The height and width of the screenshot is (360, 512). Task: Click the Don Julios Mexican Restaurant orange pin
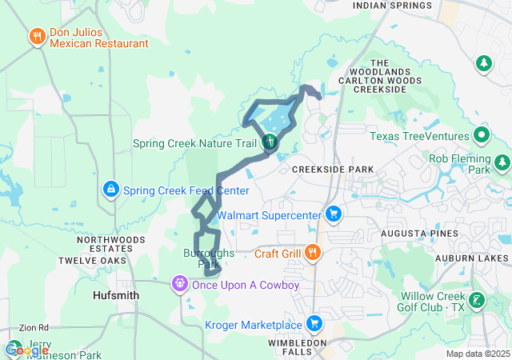(37, 37)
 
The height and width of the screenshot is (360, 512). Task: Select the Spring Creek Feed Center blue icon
(111, 190)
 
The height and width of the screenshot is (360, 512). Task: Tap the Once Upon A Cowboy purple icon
(181, 284)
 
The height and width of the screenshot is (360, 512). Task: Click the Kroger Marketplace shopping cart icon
(315, 324)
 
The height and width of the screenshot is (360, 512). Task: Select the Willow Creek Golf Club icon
(477, 302)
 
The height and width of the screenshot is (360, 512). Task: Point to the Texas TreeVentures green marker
(482, 135)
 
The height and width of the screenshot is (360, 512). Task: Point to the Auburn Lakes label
(472, 258)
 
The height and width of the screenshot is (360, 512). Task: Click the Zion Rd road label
(34, 327)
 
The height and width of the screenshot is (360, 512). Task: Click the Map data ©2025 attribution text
(477, 354)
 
